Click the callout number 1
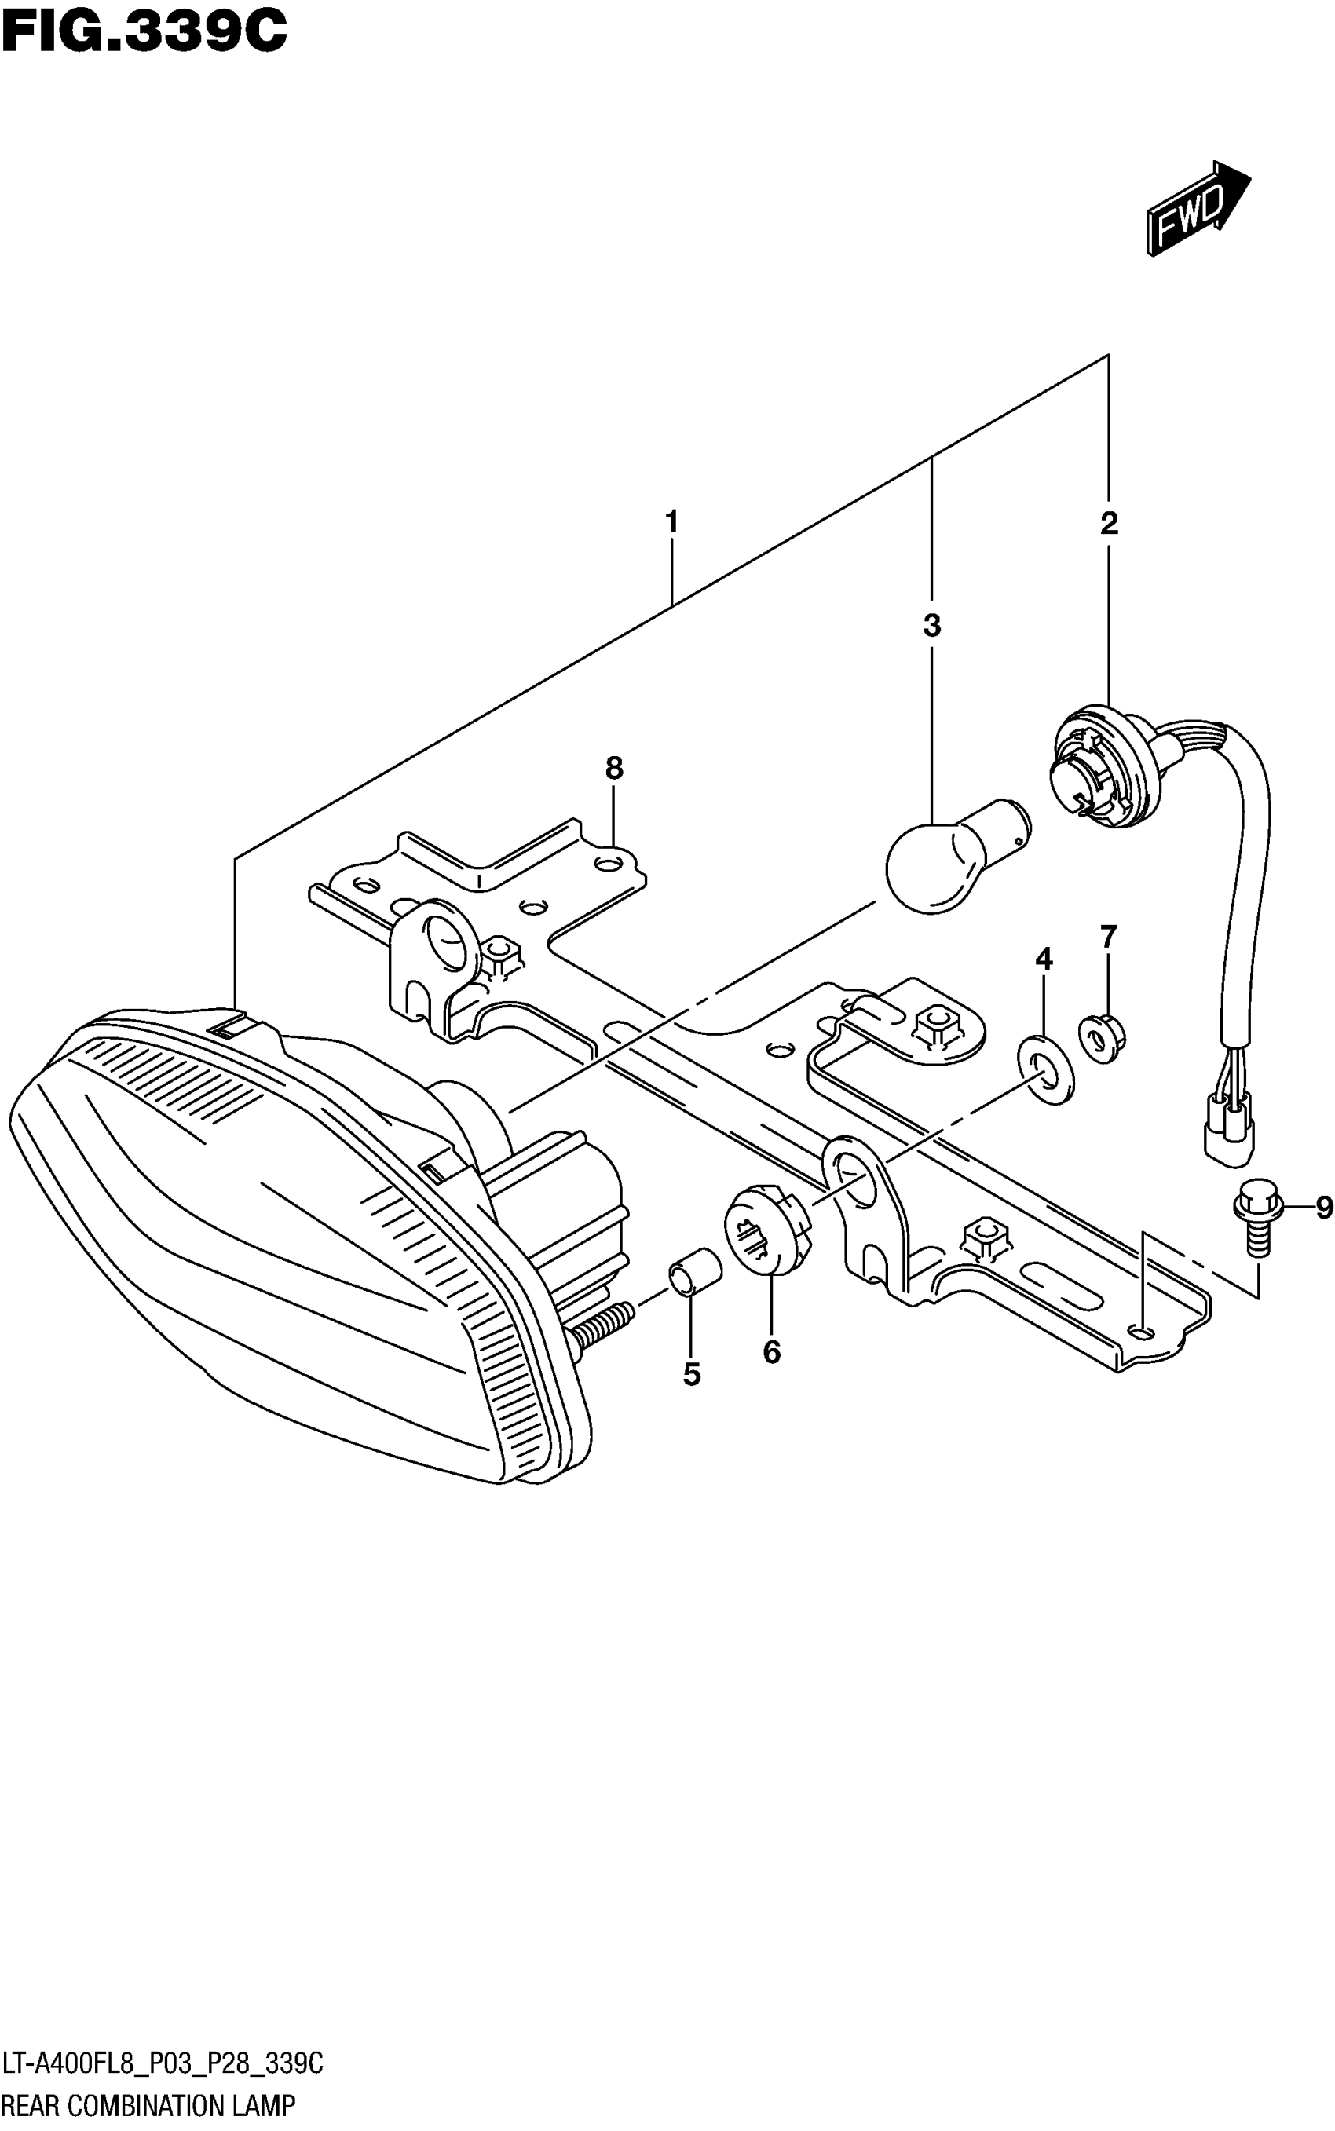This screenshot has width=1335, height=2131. [672, 523]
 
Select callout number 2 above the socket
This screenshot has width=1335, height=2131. [1109, 524]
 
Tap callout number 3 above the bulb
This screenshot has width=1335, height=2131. [931, 626]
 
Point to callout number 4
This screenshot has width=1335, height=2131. [1044, 959]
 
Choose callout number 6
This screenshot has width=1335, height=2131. [772, 1351]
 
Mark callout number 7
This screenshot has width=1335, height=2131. [1109, 936]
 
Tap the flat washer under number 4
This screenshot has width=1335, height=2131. [1046, 1071]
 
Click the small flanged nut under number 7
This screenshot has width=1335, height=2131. [1100, 1038]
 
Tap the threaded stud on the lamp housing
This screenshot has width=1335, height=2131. [604, 1323]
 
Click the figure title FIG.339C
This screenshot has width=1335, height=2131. [144, 33]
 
